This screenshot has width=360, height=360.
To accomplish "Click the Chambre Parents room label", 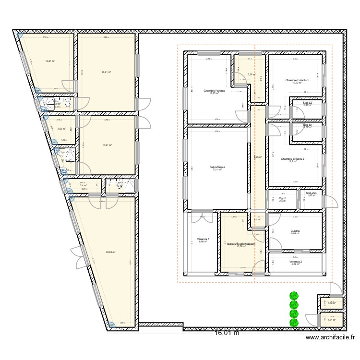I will (214, 91).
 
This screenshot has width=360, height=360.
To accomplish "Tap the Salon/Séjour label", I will (217, 167).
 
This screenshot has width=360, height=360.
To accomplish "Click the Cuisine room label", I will (295, 231).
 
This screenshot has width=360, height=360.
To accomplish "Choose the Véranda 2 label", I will (296, 262).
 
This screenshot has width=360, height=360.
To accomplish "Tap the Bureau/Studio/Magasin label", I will (240, 244).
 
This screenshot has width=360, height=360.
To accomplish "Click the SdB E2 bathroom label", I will (308, 103).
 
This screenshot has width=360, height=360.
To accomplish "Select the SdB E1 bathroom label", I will (308, 125).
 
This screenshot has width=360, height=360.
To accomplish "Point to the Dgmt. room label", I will (282, 198).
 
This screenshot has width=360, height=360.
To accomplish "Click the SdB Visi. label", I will (311, 193).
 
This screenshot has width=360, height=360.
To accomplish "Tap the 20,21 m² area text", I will (106, 72).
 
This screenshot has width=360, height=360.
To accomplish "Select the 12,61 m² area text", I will (49, 61).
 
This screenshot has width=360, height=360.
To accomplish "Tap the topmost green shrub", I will (293, 296).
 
